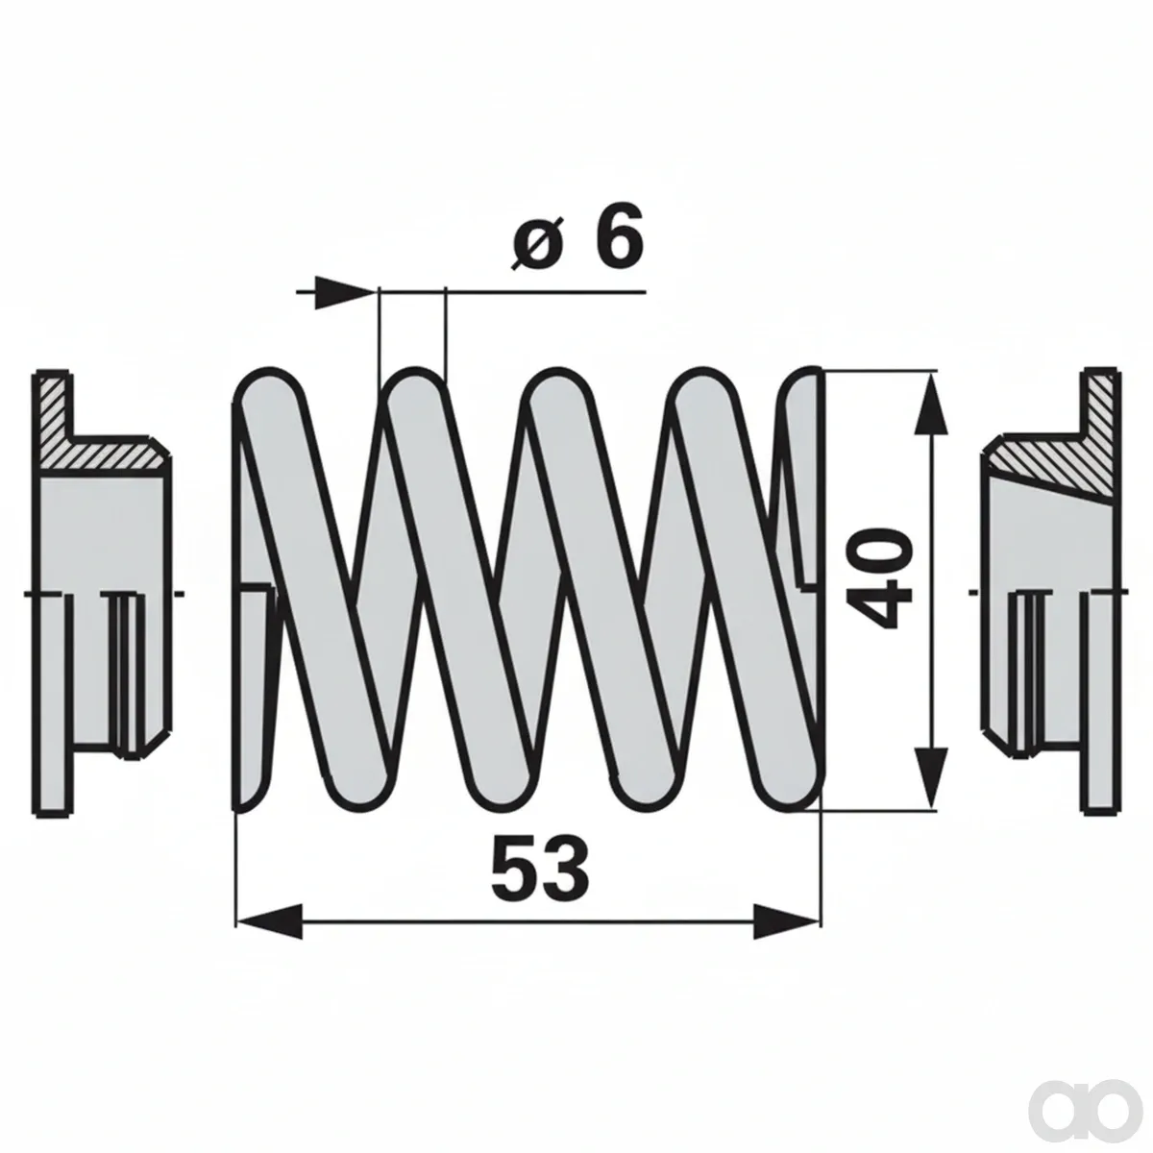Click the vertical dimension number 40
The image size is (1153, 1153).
(879, 576)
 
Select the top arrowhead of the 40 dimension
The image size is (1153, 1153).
(932, 403)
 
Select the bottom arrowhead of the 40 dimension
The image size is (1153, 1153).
(932, 778)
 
